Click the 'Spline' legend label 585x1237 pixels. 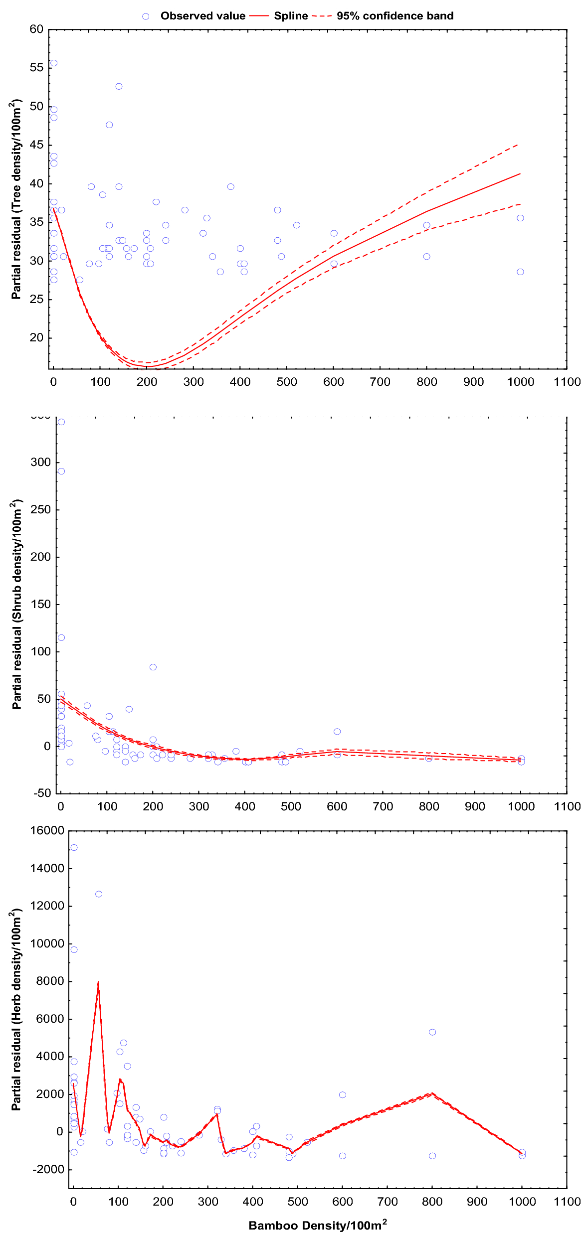[291, 16]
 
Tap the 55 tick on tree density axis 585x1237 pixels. [36, 68]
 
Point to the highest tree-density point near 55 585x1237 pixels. [54, 63]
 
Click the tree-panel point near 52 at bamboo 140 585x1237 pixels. [119, 87]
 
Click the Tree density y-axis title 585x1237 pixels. [16, 199]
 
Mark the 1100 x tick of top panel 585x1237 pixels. [567, 382]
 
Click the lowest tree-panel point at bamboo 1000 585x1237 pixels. [520, 272]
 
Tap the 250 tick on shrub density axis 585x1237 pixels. [40, 510]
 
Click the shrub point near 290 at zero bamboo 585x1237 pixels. [61, 471]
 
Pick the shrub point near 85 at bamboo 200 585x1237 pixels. [153, 667]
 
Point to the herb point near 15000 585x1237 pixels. [74, 848]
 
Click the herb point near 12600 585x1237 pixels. [99, 894]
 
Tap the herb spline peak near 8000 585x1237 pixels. [98, 982]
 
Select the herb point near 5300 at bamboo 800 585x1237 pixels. [432, 1032]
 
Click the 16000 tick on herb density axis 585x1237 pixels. [47, 831]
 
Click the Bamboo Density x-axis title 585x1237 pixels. [318, 1226]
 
